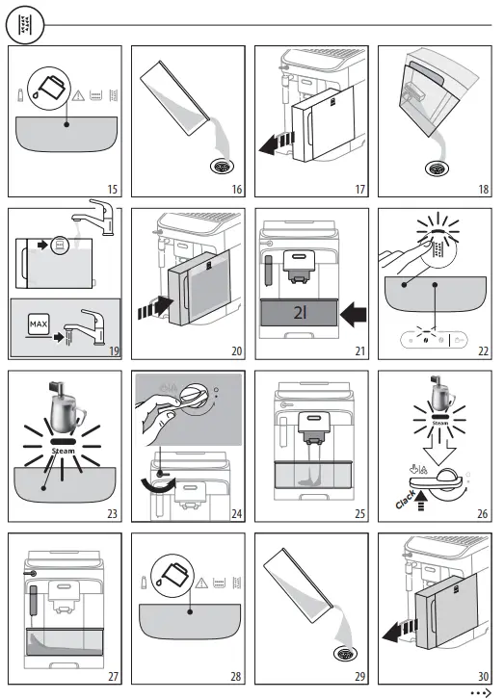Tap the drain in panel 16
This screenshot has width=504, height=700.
pyautogui.click(x=222, y=166)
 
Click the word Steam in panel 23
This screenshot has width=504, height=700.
pyautogui.click(x=64, y=449)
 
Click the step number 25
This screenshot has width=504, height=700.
pyautogui.click(x=358, y=513)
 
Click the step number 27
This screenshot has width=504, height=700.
pyautogui.click(x=112, y=676)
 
